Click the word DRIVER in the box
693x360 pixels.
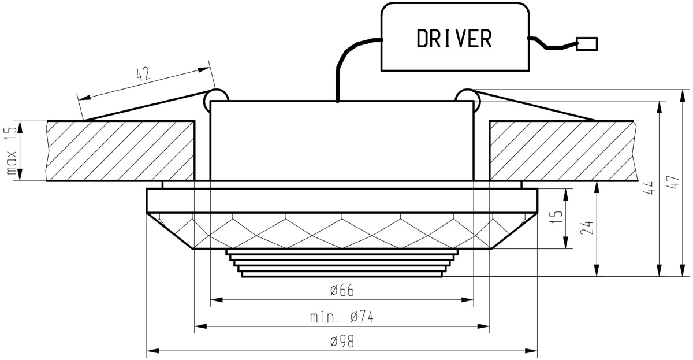pos(454,38)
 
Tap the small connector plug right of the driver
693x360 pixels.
pos(587,44)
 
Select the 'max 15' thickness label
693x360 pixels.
pos(12,151)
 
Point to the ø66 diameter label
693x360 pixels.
pos(342,290)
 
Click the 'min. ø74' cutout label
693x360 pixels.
pos(342,317)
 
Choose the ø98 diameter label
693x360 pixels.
pos(342,342)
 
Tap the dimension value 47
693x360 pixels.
pos(675,182)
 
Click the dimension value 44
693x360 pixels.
pos(650,188)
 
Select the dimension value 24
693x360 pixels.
pos(587,228)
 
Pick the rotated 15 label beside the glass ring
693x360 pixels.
pos(557,218)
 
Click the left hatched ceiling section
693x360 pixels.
pos(121,151)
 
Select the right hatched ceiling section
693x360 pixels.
pos(563,151)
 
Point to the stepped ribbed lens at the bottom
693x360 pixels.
pos(342,263)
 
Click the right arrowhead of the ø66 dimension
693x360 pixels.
pos(467,300)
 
